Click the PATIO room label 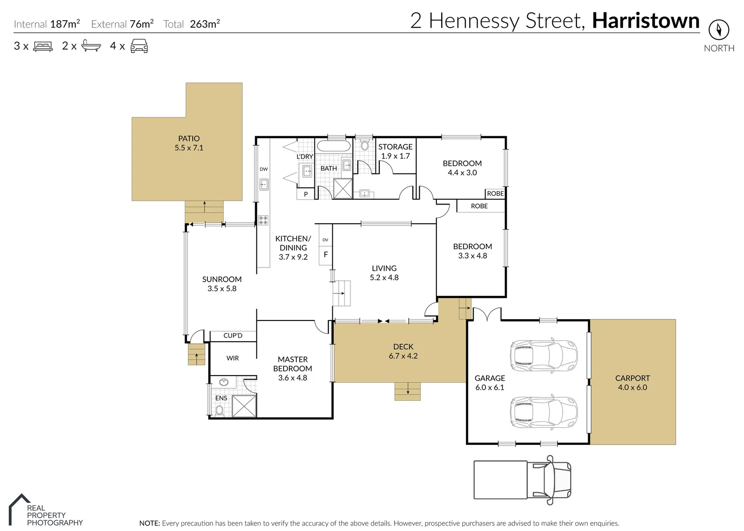[189, 139]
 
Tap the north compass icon [718, 30]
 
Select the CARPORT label [632, 378]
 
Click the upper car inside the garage [544, 354]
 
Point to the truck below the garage [522, 479]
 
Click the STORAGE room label [395, 147]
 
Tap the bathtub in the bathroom [333, 146]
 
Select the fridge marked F [325, 255]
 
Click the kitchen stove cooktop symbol [263, 220]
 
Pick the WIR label [232, 358]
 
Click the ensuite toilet [220, 411]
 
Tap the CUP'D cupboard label [233, 336]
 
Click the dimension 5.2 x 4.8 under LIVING [384, 277]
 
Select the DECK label [403, 347]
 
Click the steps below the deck [407, 391]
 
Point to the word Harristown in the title [645, 21]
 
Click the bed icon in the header [43, 47]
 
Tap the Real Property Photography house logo [18, 509]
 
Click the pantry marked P [306, 194]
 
